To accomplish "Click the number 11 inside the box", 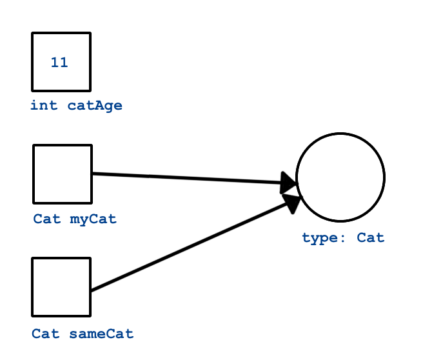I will [59, 63].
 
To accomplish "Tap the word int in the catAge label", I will [44, 106].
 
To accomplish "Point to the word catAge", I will [95, 106].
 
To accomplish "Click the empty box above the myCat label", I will [62, 174].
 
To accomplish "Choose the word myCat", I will [93, 219].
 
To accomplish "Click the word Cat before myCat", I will [47, 219].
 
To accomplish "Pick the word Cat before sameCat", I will [46, 334].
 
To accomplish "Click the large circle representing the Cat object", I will [340, 177].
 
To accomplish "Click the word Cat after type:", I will [371, 237].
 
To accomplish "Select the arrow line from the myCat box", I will [187, 178].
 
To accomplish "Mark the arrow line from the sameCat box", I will [187, 248].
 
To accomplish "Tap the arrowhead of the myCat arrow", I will [290, 183].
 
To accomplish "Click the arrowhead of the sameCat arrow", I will [292, 203].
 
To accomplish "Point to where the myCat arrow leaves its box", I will [93, 173].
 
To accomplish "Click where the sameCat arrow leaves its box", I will [92, 290].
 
